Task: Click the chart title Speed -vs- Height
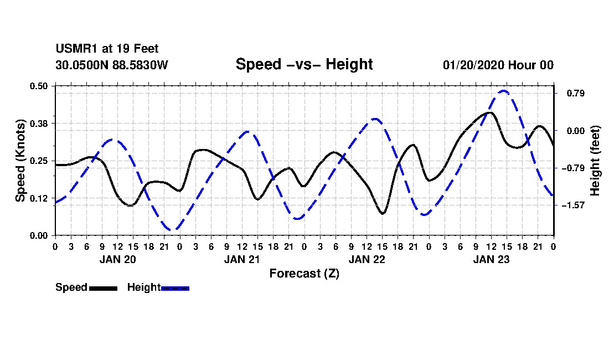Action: click(x=304, y=64)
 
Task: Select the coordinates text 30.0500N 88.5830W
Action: click(x=112, y=65)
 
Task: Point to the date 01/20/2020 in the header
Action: click(x=473, y=65)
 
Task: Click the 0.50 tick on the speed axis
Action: click(x=39, y=86)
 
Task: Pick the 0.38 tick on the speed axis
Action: click(x=39, y=124)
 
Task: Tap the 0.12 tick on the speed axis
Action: click(x=39, y=198)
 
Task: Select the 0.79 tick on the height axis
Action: click(x=575, y=93)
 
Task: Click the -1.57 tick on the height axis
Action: click(x=573, y=205)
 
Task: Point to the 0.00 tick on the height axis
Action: click(x=575, y=131)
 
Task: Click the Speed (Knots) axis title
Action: click(x=20, y=161)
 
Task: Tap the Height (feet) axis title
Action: click(x=595, y=161)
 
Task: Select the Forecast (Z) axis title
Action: click(x=304, y=274)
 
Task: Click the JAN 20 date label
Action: click(x=118, y=259)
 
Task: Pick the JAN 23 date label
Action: click(x=491, y=259)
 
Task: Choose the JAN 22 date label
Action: click(x=367, y=259)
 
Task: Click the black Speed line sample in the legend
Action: click(x=103, y=288)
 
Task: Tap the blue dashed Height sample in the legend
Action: click(x=175, y=288)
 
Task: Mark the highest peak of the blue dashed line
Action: click(x=503, y=91)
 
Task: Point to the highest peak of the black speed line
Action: click(x=491, y=112)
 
